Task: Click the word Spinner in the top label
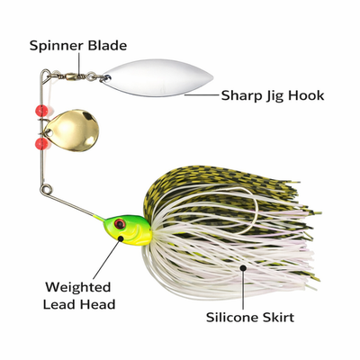point(57,46)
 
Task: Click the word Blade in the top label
point(107,45)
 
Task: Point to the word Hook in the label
point(306,95)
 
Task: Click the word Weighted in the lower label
point(78,288)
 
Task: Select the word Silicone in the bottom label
point(231,317)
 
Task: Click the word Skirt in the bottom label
point(277,317)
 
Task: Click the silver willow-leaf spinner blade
point(157,77)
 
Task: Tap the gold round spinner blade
point(72,130)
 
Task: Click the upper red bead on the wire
point(41,111)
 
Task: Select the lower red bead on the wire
point(41,143)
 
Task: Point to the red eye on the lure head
point(120,223)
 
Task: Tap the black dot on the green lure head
point(121,238)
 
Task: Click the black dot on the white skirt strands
point(243,267)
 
